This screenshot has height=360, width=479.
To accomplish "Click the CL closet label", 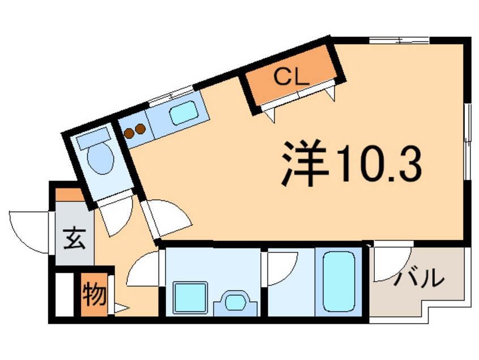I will pos(291,77).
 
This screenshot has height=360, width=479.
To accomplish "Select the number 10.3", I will pos(379,164).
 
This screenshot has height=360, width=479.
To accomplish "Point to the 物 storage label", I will pos(92,295).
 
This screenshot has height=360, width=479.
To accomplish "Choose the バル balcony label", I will pos(418,278).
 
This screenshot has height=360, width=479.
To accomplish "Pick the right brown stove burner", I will pos(140,128).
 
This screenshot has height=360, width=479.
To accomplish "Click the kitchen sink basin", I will pos(183,114).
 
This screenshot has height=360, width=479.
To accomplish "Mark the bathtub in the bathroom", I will pos(338,281).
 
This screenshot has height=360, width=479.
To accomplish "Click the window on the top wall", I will pos(399,40).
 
